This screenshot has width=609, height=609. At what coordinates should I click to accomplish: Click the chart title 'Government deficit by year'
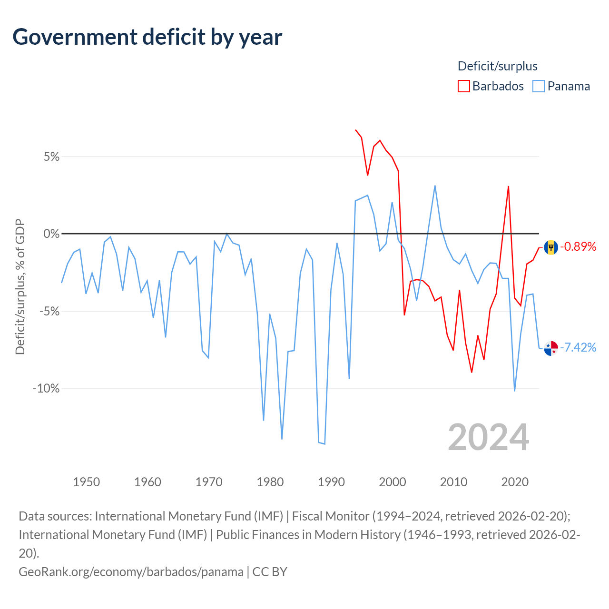click(x=147, y=37)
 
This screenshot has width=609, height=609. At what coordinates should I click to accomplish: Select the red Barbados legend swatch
click(x=463, y=86)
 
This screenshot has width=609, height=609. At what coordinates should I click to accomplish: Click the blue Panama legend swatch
click(x=538, y=86)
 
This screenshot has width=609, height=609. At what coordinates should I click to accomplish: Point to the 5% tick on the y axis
click(x=51, y=157)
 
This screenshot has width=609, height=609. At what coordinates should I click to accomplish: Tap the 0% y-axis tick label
click(x=51, y=234)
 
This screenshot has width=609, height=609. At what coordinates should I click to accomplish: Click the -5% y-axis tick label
click(x=49, y=311)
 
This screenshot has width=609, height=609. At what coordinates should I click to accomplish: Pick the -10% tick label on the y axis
click(x=46, y=388)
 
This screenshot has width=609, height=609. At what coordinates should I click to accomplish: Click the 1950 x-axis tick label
click(x=86, y=482)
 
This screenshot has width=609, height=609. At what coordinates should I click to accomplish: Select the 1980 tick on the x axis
click(x=270, y=482)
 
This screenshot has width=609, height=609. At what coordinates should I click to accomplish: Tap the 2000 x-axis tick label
click(x=392, y=482)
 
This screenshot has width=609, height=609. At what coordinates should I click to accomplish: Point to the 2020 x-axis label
click(x=514, y=482)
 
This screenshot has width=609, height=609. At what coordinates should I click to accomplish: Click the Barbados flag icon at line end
click(x=551, y=247)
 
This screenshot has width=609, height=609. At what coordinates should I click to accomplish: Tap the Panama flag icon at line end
click(x=551, y=348)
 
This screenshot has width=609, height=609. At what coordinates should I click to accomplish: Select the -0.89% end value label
click(x=578, y=246)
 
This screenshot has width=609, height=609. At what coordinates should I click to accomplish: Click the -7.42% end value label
click(x=578, y=347)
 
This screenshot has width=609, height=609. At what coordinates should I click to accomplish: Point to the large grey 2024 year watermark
click(x=488, y=437)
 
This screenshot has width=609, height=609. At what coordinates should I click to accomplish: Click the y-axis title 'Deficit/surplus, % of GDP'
click(x=20, y=286)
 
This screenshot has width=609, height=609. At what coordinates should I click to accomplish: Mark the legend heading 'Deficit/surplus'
click(x=498, y=66)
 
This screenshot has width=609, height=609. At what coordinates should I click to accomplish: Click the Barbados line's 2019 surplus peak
click(x=508, y=187)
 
